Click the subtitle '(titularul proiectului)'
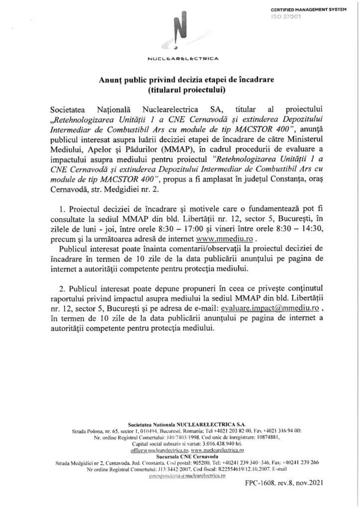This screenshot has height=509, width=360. point(180,90)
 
